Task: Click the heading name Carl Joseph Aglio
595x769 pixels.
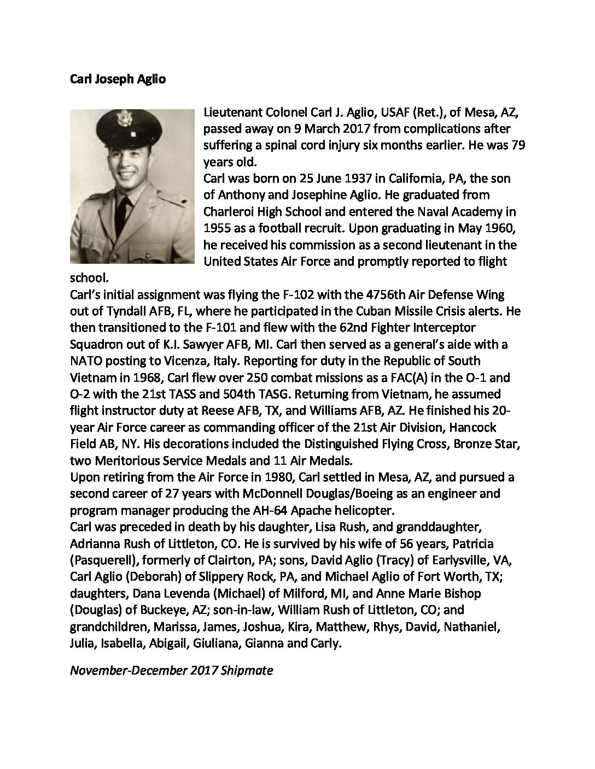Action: [x=118, y=79]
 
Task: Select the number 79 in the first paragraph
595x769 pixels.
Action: [x=517, y=146]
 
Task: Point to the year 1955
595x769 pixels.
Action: [x=217, y=228]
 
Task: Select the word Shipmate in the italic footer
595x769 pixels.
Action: [x=247, y=670]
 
